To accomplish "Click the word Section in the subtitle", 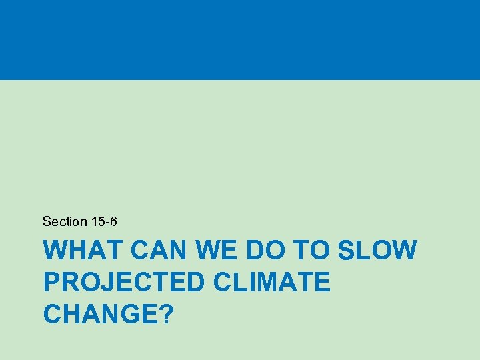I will [65, 221].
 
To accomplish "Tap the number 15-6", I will [104, 221].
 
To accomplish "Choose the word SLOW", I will [378, 251].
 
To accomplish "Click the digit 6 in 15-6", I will [114, 221].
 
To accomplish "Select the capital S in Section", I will [46, 221].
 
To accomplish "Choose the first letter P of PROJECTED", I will [51, 282].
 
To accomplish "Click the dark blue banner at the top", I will [240, 40].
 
